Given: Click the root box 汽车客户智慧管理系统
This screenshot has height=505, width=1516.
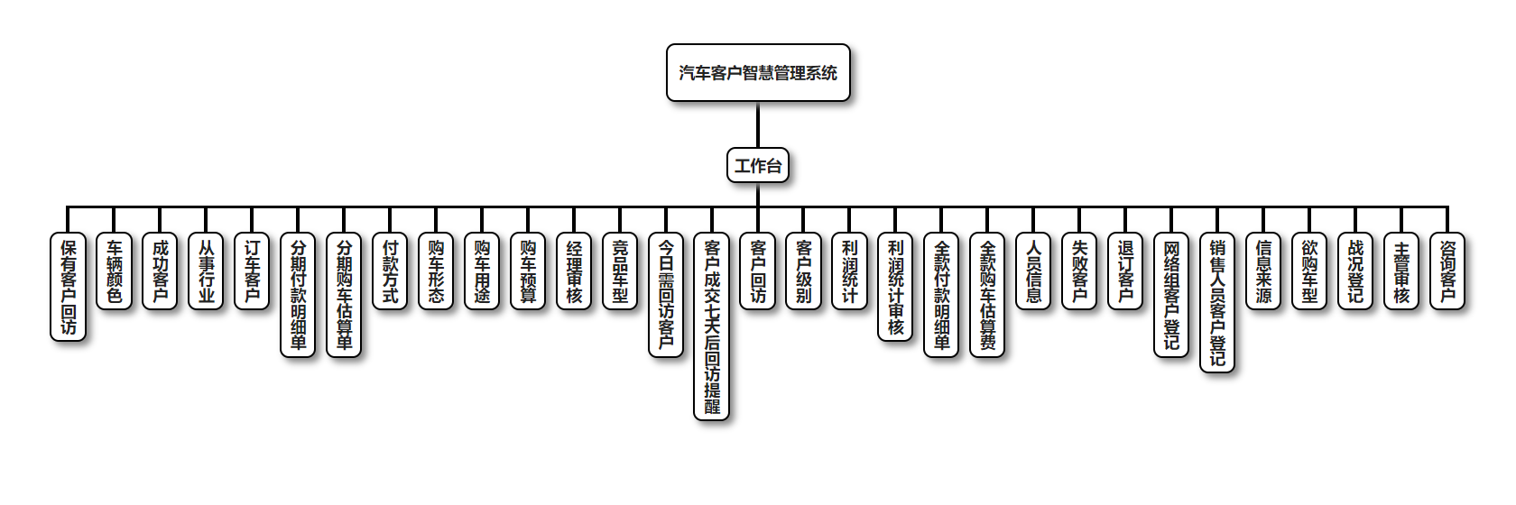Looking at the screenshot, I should tap(758, 73).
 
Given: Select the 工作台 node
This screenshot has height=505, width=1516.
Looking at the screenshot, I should tap(758, 166).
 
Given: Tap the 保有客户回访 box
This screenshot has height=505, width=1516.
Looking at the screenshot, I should tap(69, 287).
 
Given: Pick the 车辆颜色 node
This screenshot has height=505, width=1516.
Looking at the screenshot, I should tap(115, 271).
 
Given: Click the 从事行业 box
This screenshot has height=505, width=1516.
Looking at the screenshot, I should tap(207, 271).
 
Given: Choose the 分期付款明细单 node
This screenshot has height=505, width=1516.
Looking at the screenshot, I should tap(299, 295).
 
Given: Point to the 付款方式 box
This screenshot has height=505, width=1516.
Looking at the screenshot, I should tap(391, 271).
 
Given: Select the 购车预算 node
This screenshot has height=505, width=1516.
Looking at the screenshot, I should tap(528, 271).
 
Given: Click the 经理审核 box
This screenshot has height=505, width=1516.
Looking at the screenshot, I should tap(574, 271).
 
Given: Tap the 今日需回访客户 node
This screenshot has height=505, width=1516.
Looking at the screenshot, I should tap(666, 295).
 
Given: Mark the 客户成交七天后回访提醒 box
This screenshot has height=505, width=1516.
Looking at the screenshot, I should tap(712, 326).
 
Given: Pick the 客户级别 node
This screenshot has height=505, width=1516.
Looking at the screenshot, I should tap(804, 271).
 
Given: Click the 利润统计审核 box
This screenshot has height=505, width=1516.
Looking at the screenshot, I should tap(895, 287).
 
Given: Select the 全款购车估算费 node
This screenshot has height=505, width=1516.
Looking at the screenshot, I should tap(987, 295).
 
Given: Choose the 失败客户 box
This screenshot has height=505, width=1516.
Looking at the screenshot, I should tap(1079, 271).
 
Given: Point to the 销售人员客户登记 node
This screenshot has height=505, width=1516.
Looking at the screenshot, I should tap(1217, 302).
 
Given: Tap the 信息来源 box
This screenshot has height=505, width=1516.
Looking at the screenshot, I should tap(1263, 271).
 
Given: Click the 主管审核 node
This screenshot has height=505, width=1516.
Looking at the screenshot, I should tap(1401, 271).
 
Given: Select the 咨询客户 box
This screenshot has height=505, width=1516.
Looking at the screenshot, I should tap(1447, 271).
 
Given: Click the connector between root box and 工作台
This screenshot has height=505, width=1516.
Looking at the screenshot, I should tap(758, 125).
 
